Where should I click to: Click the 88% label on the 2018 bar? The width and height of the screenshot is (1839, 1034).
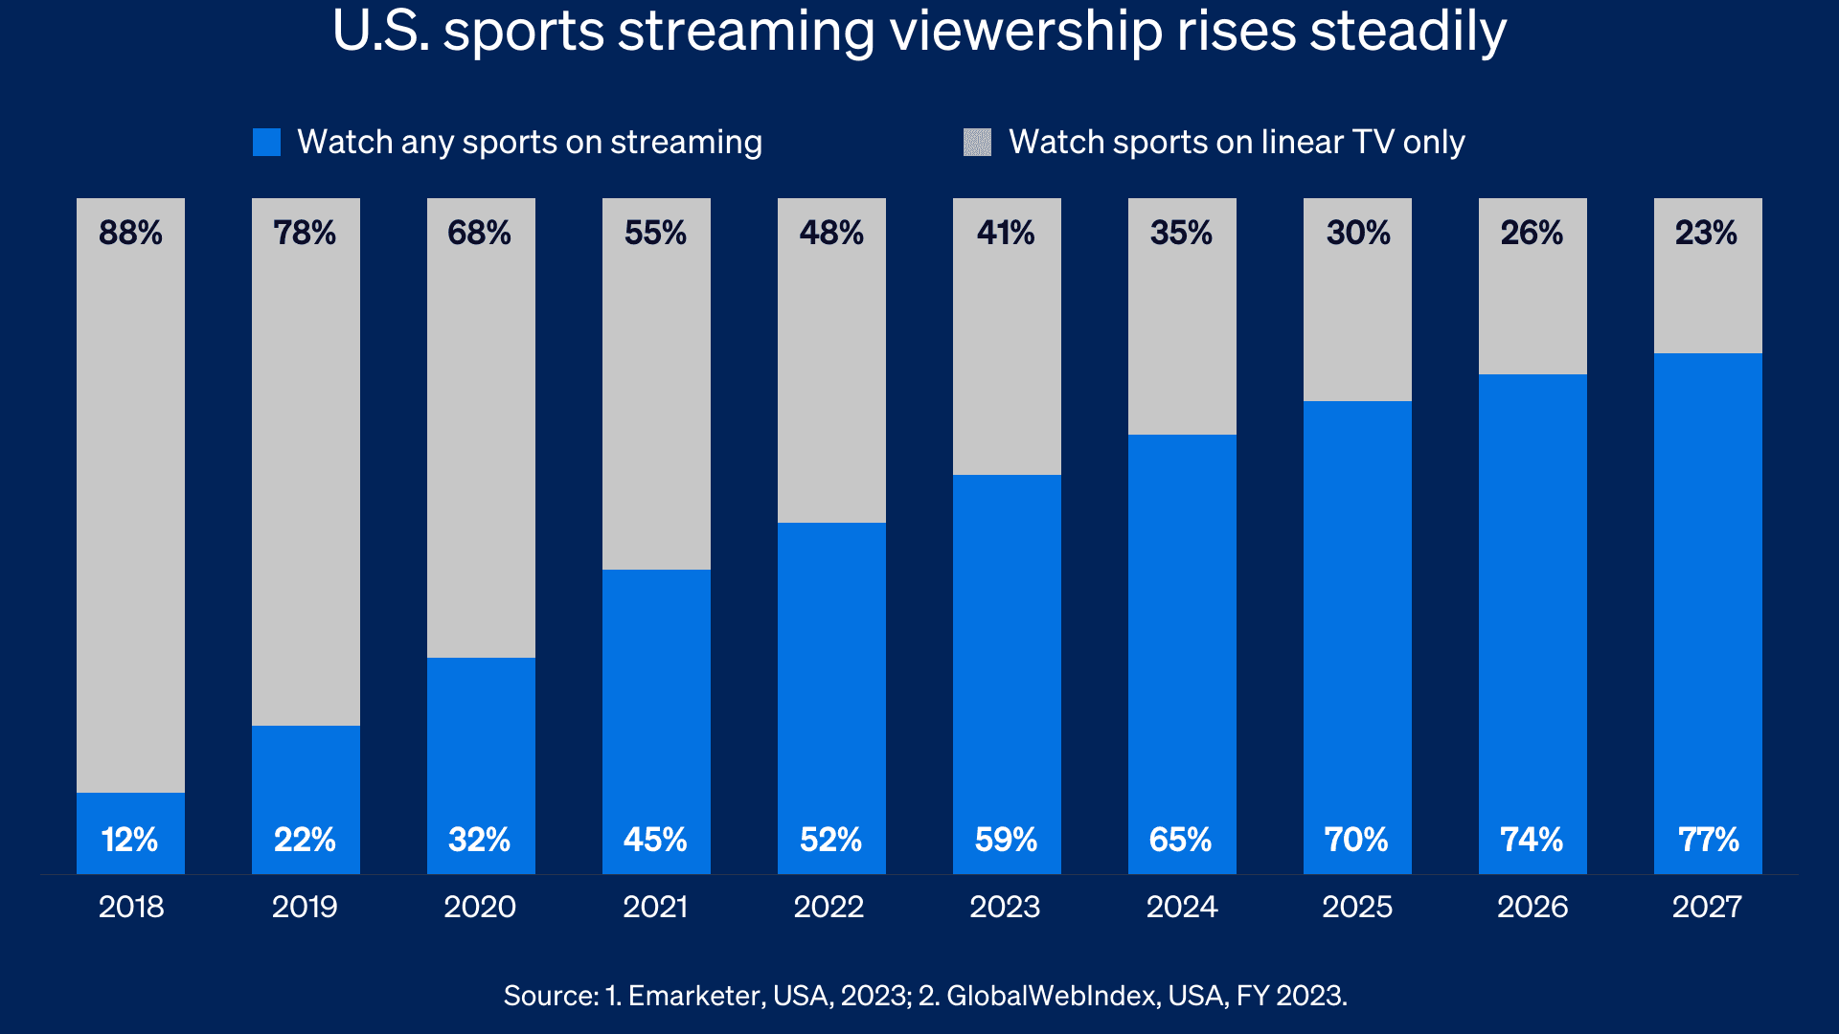pyautogui.click(x=130, y=233)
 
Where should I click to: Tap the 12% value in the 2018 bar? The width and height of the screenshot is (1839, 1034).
pyautogui.click(x=130, y=840)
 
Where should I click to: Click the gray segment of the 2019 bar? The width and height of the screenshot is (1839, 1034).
pyautogui.click(x=306, y=479)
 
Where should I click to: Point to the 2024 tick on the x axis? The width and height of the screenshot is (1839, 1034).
pyautogui.click(x=1182, y=906)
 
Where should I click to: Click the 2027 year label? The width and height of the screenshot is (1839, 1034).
pyautogui.click(x=1707, y=906)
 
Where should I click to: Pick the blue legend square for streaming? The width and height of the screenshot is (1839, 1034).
pyautogui.click(x=266, y=143)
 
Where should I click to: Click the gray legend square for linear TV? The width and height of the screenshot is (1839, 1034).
pyautogui.click(x=977, y=143)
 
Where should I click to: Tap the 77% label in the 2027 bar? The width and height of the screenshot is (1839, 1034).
pyautogui.click(x=1708, y=840)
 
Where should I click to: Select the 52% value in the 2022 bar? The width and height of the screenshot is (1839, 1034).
pyautogui.click(x=830, y=840)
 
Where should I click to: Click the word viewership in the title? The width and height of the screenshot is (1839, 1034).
pyautogui.click(x=1026, y=32)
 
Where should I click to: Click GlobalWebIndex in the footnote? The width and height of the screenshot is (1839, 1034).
pyautogui.click(x=1051, y=996)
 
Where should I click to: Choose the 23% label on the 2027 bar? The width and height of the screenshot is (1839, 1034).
pyautogui.click(x=1706, y=233)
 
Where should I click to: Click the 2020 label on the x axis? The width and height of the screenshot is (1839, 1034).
pyautogui.click(x=480, y=906)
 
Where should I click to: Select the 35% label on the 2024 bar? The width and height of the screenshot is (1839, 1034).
pyautogui.click(x=1181, y=233)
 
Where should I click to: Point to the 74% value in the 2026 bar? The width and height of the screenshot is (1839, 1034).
pyautogui.click(x=1532, y=840)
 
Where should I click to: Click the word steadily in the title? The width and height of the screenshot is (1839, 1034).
pyautogui.click(x=1407, y=32)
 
